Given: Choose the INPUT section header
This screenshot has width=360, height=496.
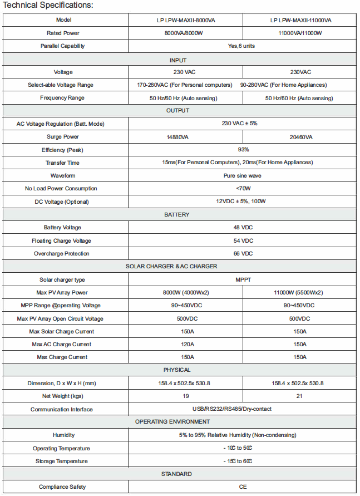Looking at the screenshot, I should coord(178,60).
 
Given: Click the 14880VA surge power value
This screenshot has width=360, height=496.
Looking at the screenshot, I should coord(185,137).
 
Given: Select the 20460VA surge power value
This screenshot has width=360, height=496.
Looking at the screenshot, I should coord(300,137).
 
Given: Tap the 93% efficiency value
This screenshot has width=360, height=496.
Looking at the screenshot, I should coord(243,150).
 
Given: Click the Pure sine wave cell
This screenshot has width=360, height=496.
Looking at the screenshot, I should coord(243,175).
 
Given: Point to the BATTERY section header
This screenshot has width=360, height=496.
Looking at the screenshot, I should coord(177,214).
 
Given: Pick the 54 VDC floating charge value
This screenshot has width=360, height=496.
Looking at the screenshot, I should coord(243,240).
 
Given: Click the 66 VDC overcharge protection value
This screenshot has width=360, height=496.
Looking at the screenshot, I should coord(243,253).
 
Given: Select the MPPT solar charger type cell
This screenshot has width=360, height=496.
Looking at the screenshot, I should coord(243,279).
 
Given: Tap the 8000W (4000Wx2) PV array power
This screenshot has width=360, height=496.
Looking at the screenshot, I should coord(185,292).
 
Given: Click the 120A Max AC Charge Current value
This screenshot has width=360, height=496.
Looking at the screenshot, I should coord(185,344).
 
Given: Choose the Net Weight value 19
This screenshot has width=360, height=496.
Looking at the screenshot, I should coord(185,396).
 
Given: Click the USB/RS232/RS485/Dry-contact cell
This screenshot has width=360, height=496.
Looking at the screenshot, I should coord(243,409).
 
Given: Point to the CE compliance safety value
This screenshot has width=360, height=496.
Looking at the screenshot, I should coord(243,487).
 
